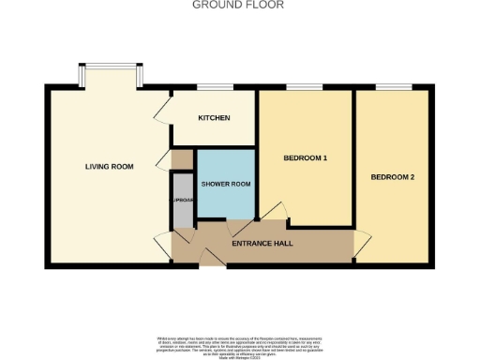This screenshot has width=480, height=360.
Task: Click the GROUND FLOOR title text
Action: click(x=238, y=5)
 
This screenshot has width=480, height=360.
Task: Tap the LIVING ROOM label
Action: click(x=109, y=167)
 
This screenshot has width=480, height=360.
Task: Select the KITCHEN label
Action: click(x=215, y=118)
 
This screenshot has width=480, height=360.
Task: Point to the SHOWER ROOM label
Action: click(x=226, y=184)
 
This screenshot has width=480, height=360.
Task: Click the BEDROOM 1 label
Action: click(x=305, y=157)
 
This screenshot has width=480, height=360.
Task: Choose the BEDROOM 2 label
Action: click(x=392, y=177)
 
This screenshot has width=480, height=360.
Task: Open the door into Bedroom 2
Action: click(x=357, y=247)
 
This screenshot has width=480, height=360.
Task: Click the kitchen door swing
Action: click(x=160, y=112)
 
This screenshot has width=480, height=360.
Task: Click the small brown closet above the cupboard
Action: click(x=181, y=159)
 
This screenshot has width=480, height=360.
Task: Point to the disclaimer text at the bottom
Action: click(x=239, y=343)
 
